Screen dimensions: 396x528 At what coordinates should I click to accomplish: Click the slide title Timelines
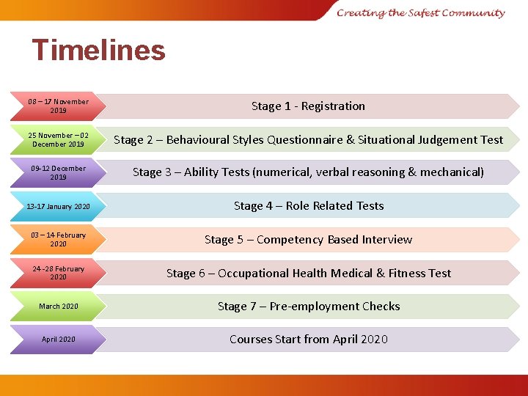(99, 51)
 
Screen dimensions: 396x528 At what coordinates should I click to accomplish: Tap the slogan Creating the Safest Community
(421, 12)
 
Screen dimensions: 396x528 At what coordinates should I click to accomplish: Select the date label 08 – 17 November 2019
(58, 106)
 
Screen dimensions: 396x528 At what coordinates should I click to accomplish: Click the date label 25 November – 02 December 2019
(58, 139)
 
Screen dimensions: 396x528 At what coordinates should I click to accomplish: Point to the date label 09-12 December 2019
(58, 172)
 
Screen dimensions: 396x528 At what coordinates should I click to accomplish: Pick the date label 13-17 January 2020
(58, 206)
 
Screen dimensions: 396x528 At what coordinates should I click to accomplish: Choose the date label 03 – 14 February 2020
(58, 239)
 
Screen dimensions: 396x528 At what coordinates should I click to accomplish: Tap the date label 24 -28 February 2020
(58, 273)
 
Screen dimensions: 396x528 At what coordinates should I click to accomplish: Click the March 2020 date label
(59, 306)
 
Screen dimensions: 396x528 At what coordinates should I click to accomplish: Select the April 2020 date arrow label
(59, 340)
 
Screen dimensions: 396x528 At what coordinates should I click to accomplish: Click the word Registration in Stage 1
(333, 106)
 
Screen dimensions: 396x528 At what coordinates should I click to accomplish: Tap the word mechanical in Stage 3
(451, 172)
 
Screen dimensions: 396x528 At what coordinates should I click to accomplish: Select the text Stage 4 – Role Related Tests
(309, 206)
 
